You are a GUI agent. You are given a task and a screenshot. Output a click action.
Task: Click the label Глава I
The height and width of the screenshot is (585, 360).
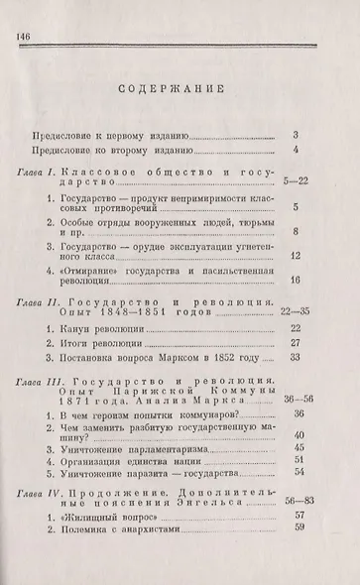coord(40,173)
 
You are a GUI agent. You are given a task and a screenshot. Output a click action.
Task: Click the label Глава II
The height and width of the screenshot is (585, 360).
coord(43,296)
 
